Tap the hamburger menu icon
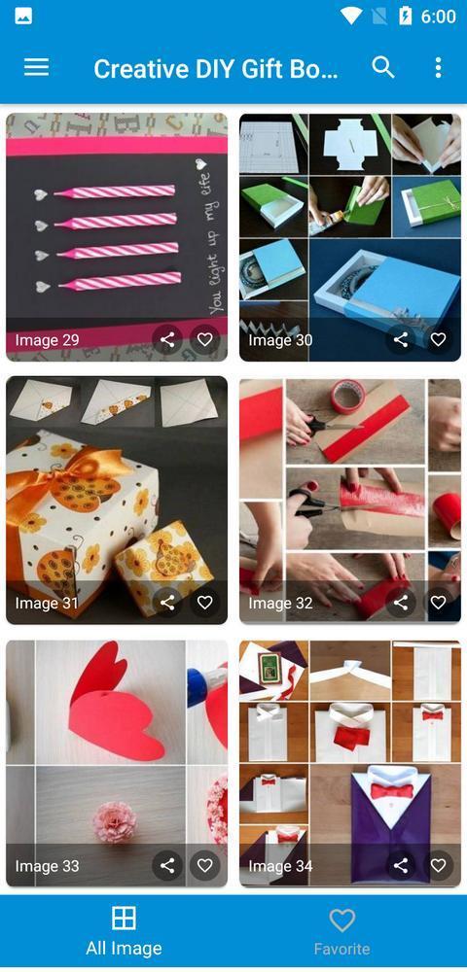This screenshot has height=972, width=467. tap(36, 67)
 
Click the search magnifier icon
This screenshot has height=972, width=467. tap(383, 67)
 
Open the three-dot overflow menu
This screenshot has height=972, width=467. tap(438, 67)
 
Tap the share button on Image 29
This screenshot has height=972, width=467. tap(167, 339)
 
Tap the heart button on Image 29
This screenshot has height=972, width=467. tap(204, 339)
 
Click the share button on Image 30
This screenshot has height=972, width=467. tap(401, 339)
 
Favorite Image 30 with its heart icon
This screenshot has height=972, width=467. tap(438, 339)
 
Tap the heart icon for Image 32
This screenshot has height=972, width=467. tap(438, 603)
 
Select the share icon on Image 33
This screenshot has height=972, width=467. tap(167, 865)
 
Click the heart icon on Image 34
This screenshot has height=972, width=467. tap(438, 865)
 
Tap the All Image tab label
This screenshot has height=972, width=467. tap(124, 948)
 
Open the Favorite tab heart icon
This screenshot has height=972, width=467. tap(341, 920)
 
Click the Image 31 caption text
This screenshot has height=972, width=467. tap(47, 603)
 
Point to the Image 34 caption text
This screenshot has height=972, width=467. tap(280, 865)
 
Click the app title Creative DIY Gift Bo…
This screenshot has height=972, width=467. tap(216, 69)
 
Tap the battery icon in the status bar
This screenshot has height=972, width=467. tap(405, 17)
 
